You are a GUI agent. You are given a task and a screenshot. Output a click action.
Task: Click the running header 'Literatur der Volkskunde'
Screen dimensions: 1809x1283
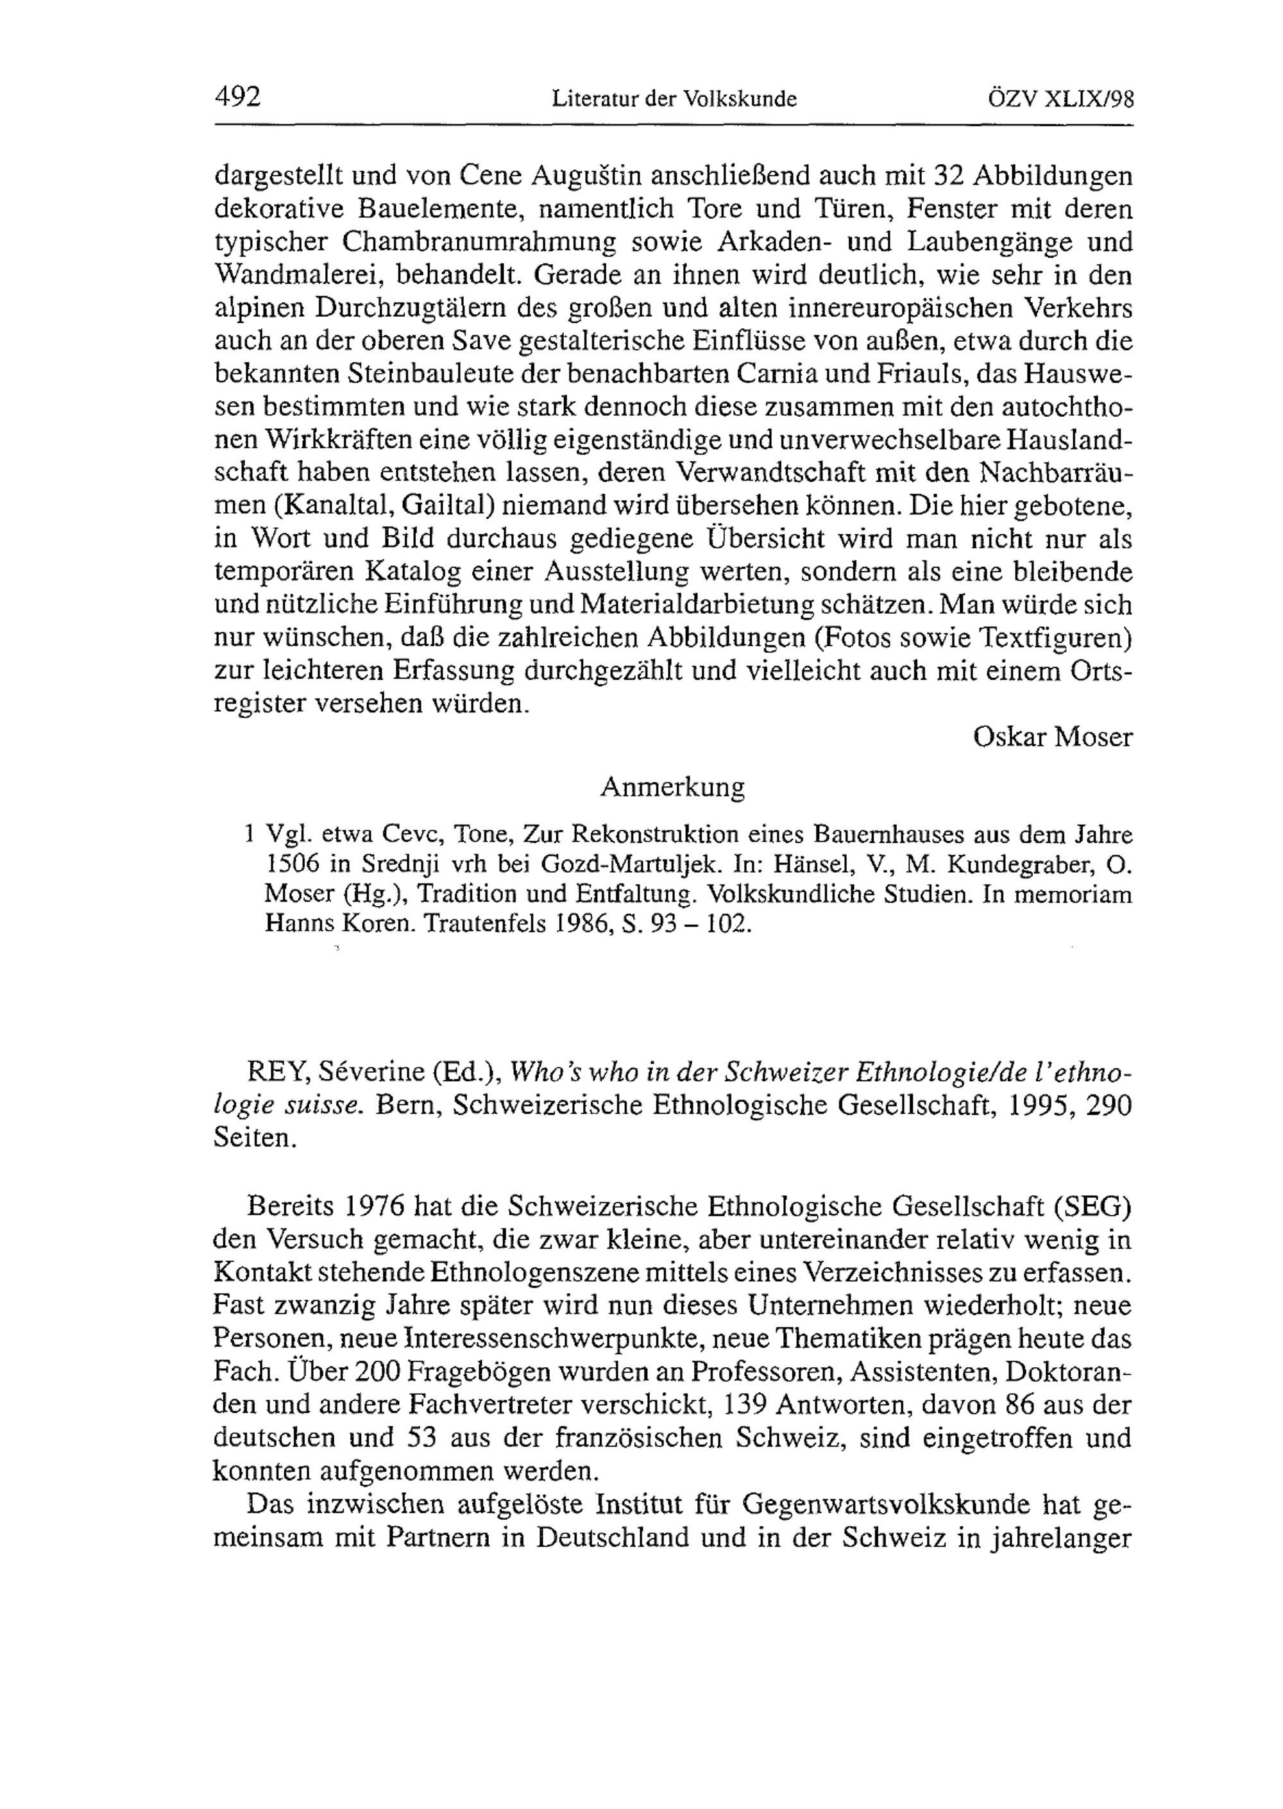(674, 99)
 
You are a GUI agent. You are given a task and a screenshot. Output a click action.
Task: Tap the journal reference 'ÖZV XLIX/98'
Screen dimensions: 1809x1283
(1061, 99)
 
